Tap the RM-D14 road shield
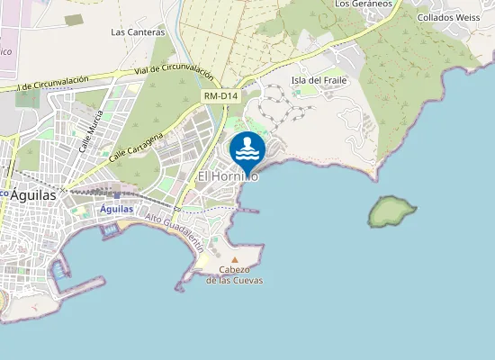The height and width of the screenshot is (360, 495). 220,95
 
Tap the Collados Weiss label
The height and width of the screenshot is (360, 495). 451,17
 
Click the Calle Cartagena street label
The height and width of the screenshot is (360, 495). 137,144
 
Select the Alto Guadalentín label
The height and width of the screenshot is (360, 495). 175,230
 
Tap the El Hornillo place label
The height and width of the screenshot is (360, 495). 228,177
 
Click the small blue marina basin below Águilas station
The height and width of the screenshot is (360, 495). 109,229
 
